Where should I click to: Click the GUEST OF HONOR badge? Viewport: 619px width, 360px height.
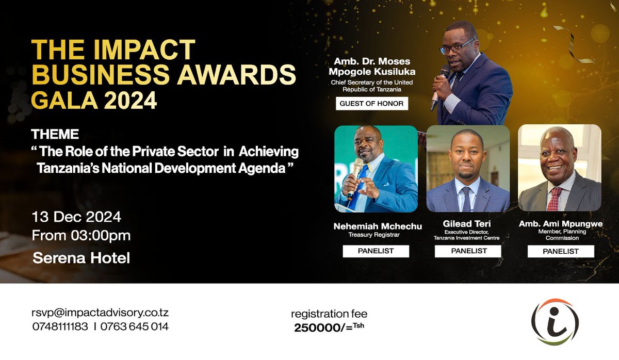371,104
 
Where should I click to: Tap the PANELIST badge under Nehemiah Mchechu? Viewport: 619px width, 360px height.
376,251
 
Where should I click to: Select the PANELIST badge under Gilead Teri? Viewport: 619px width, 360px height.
468,251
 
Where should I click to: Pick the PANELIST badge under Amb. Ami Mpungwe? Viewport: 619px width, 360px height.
560,251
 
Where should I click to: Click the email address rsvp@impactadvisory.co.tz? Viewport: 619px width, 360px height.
101,313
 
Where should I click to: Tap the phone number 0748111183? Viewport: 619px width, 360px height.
60,326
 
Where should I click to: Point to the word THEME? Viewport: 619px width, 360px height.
55,135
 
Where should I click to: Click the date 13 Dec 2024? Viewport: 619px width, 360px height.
76,217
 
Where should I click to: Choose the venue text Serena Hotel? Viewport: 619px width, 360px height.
81,257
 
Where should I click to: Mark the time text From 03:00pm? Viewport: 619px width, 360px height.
81,236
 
